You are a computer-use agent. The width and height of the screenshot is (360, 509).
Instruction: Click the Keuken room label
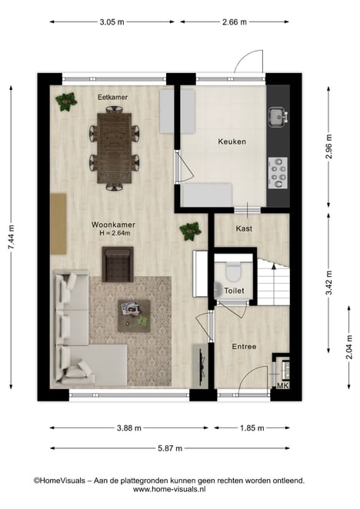tap(232, 141)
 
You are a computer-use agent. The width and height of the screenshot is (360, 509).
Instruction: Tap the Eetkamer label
tap(113, 97)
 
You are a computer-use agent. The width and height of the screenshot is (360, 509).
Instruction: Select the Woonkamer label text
tap(113, 225)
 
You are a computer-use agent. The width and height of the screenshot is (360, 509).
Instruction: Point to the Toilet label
tap(234, 291)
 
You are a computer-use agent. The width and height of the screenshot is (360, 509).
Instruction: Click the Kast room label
tap(244, 228)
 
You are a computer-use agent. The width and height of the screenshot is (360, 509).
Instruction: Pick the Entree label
tap(244, 347)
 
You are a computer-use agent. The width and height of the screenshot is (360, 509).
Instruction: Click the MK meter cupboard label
tap(282, 386)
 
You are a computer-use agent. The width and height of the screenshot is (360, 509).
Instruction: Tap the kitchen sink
tap(278, 117)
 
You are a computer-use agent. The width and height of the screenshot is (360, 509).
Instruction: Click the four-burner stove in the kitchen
tap(278, 173)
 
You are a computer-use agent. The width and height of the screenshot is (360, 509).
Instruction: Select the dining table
tap(115, 148)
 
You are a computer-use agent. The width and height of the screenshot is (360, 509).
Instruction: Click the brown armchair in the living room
tap(118, 264)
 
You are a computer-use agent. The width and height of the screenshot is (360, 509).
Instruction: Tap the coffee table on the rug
tap(134, 316)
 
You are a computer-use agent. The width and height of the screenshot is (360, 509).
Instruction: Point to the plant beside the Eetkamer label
tap(66, 101)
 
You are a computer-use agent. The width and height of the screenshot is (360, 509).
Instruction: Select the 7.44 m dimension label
tap(12, 238)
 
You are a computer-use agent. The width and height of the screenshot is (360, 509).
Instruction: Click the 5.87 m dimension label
tap(170, 448)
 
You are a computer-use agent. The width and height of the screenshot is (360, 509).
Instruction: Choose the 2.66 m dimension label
tap(235, 22)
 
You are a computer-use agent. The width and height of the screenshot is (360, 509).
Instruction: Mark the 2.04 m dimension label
tap(349, 348)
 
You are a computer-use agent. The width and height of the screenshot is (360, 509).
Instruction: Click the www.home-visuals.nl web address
tap(169, 489)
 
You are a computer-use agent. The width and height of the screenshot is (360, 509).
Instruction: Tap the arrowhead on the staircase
tap(274, 267)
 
